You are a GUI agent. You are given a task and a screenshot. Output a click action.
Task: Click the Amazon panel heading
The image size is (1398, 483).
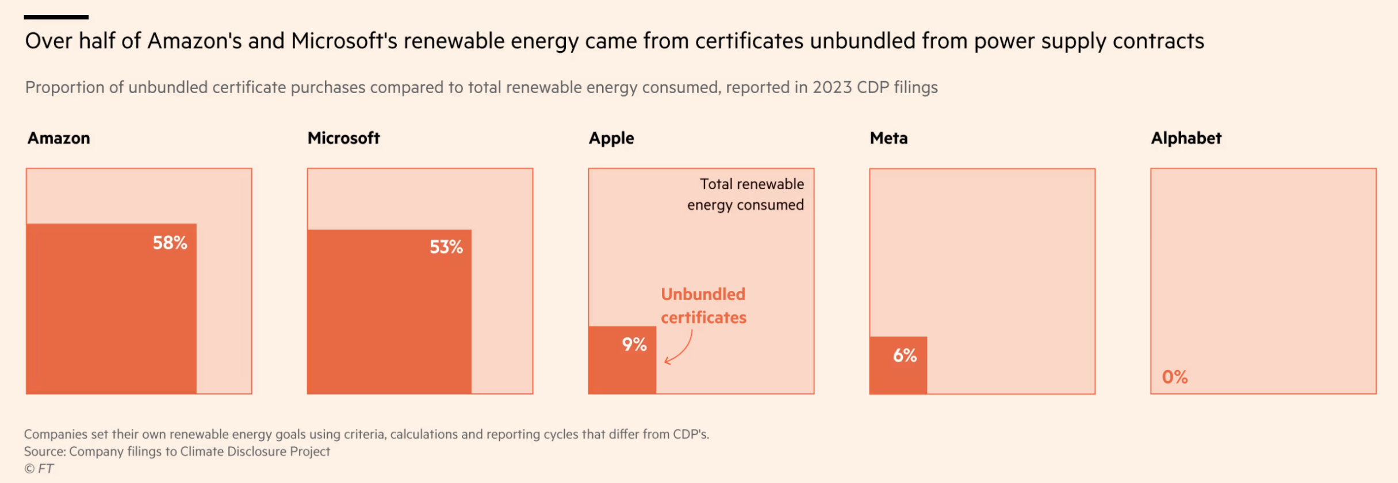point(59,138)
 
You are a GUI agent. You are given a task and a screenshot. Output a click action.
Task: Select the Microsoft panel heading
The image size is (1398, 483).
point(343,138)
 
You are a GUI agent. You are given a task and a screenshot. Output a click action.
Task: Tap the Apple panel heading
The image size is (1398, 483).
point(611,139)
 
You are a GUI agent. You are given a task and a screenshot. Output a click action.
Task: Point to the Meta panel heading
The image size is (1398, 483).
point(888,138)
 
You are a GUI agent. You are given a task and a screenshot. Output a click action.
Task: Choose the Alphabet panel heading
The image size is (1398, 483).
point(1186,138)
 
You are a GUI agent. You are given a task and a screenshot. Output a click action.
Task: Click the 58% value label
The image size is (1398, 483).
point(170,243)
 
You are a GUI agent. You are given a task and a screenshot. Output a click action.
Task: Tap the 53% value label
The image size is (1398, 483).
point(446,247)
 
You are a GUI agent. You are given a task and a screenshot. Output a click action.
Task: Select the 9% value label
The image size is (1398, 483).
point(634,344)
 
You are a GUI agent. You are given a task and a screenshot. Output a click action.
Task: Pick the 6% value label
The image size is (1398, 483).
point(905,355)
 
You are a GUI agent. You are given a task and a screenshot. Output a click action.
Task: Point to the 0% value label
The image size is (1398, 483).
point(1174,377)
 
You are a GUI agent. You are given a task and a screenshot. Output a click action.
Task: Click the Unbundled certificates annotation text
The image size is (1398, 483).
point(703,305)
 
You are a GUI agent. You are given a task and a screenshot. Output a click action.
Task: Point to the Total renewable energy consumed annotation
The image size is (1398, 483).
point(746,194)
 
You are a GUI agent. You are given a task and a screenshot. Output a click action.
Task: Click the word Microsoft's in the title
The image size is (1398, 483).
point(343,41)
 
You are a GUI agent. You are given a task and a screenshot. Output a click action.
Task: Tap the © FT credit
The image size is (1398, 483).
point(39,469)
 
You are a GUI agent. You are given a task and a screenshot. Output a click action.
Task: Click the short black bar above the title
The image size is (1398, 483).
point(56,17)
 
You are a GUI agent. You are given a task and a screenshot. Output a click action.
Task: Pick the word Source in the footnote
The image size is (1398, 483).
point(44,451)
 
